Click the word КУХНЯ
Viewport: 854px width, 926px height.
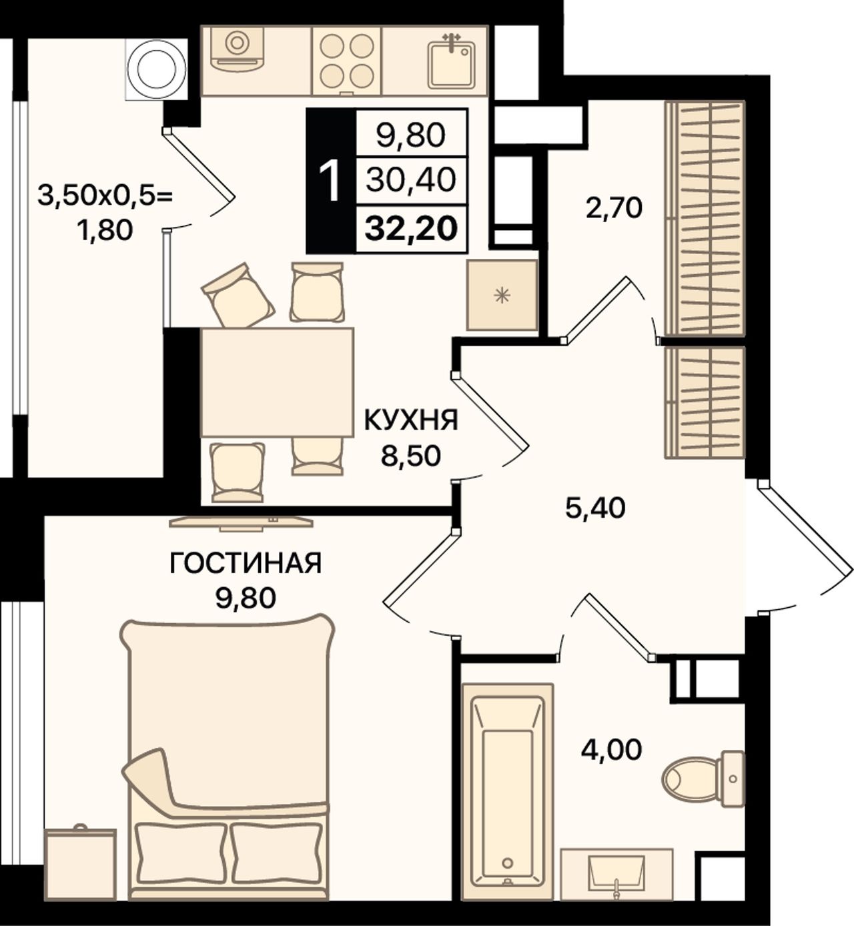[410, 420]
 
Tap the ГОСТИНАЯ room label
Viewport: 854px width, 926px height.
[246, 563]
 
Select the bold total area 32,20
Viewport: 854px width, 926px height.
[411, 229]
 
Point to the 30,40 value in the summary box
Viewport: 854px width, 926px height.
[410, 180]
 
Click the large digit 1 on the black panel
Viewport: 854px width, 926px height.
[330, 181]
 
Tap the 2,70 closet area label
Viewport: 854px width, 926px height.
[614, 208]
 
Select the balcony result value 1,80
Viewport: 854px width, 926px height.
[105, 230]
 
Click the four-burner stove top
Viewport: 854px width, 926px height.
[347, 61]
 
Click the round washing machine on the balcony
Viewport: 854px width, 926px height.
[157, 69]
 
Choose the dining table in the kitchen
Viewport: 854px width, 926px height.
[277, 382]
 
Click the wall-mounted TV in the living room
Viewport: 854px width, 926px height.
[241, 522]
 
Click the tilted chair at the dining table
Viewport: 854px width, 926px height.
[238, 295]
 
